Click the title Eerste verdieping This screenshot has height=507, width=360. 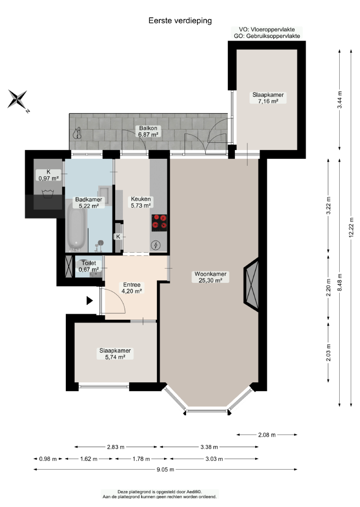coord(180,21)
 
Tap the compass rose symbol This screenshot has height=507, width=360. coord(18,100)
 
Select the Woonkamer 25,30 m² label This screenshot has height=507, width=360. coord(210,277)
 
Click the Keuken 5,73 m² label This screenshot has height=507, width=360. coord(140,202)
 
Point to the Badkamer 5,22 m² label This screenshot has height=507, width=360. coord(88,203)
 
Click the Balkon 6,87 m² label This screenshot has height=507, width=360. coord(148,131)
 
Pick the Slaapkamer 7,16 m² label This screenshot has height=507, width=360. coord(268,98)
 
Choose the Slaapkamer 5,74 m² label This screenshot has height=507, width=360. coord(115,354)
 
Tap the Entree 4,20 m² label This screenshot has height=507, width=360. coord(132,288)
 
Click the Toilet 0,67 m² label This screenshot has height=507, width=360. coord(88,266)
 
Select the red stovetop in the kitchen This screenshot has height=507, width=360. coord(159,222)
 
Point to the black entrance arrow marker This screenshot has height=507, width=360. coord(89,300)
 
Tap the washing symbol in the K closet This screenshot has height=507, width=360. coord(48,194)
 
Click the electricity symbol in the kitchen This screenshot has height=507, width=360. coord(156,246)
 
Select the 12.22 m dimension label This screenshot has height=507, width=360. coord(351,227)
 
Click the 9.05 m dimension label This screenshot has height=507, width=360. coord(166,470)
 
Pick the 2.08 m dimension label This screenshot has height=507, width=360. coord(267,435)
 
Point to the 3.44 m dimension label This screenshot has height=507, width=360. coord(340,100)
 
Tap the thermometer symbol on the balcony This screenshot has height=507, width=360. coord(77,133)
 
